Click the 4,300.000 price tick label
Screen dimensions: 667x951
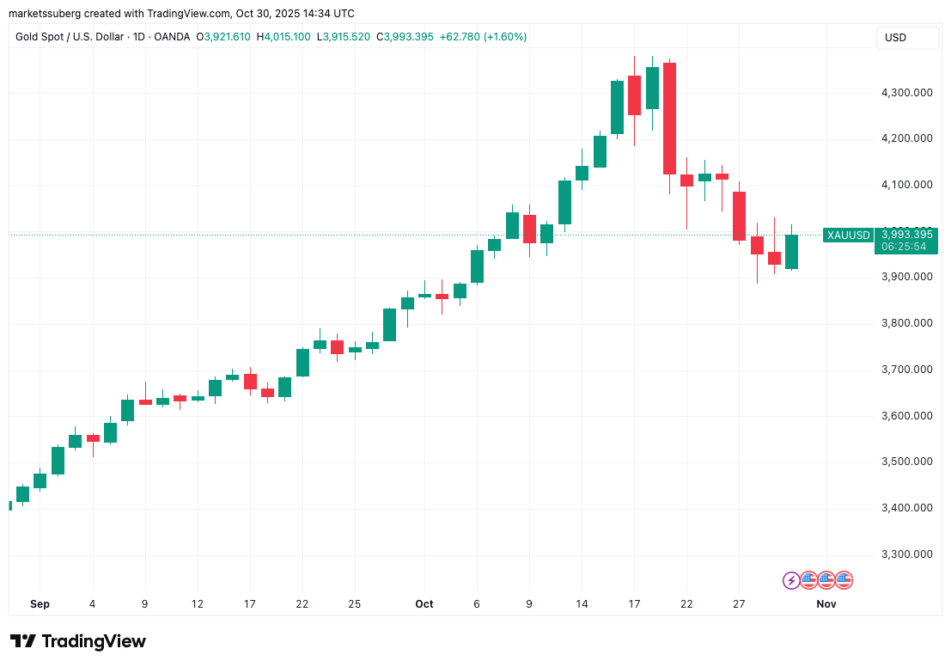pyautogui.click(x=907, y=92)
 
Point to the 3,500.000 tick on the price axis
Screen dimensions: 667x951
pyautogui.click(x=907, y=462)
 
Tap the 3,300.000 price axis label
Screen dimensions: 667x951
pyautogui.click(x=907, y=554)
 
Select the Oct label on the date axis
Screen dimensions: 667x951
pyautogui.click(x=424, y=604)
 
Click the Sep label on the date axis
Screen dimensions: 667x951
pyautogui.click(x=40, y=604)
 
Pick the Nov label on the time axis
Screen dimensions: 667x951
pyautogui.click(x=826, y=604)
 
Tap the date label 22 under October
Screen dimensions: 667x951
pyautogui.click(x=686, y=604)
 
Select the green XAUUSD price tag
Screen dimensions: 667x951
pyautogui.click(x=848, y=235)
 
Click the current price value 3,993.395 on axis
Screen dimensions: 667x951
pyautogui.click(x=907, y=234)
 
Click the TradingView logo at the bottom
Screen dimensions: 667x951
pyautogui.click(x=78, y=641)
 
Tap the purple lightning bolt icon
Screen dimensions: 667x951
pyautogui.click(x=791, y=580)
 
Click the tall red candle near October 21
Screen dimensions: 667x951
pyautogui.click(x=669, y=119)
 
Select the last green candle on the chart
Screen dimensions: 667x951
pyautogui.click(x=791, y=252)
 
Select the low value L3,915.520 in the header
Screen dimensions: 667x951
pyautogui.click(x=344, y=37)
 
